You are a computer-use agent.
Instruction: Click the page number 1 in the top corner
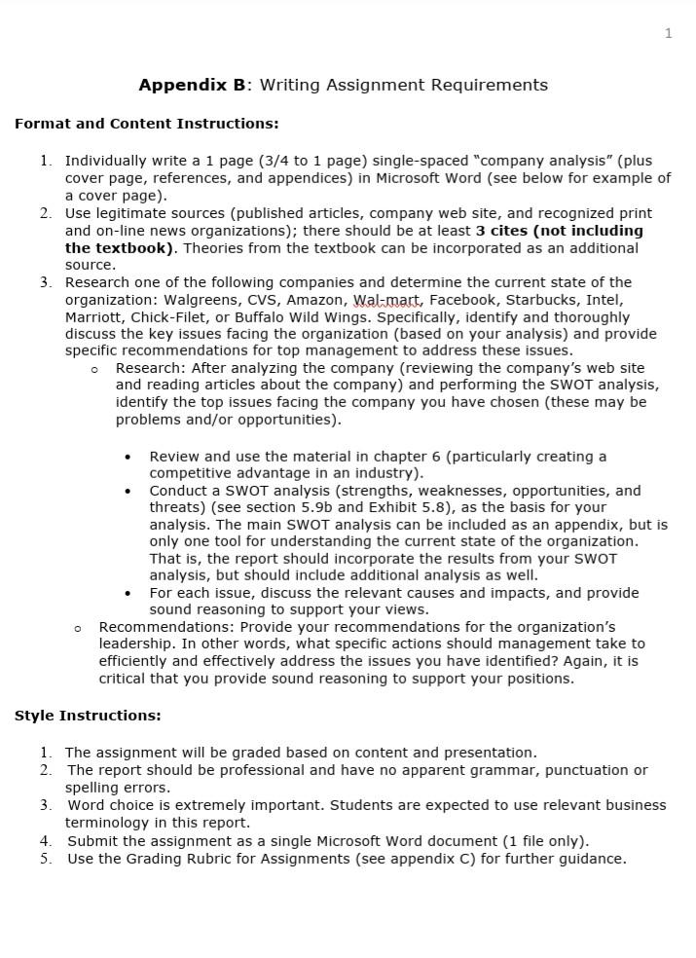pyautogui.click(x=668, y=34)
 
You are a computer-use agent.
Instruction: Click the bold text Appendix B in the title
pyautogui.click(x=192, y=85)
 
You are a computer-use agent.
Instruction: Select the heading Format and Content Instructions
pyautogui.click(x=146, y=124)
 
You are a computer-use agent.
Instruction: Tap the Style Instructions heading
pyautogui.click(x=88, y=716)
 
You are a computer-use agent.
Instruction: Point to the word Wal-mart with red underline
pyautogui.click(x=386, y=300)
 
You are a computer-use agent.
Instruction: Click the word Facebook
pyautogui.click(x=462, y=300)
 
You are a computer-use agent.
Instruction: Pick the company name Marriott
pyautogui.click(x=95, y=317)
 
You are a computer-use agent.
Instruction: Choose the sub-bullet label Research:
pyautogui.click(x=150, y=368)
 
